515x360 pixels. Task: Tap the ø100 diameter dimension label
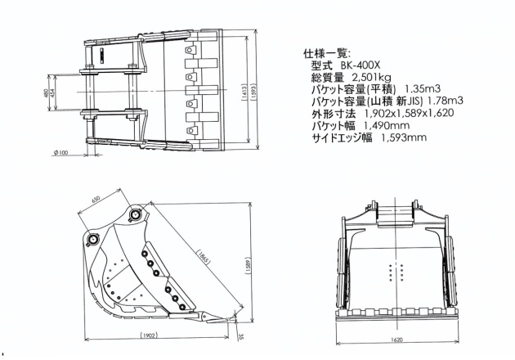tap(60, 152)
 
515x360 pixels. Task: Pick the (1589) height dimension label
tap(248, 265)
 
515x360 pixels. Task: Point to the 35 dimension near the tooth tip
tap(242, 335)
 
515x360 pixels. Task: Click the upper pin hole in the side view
tap(135, 214)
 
